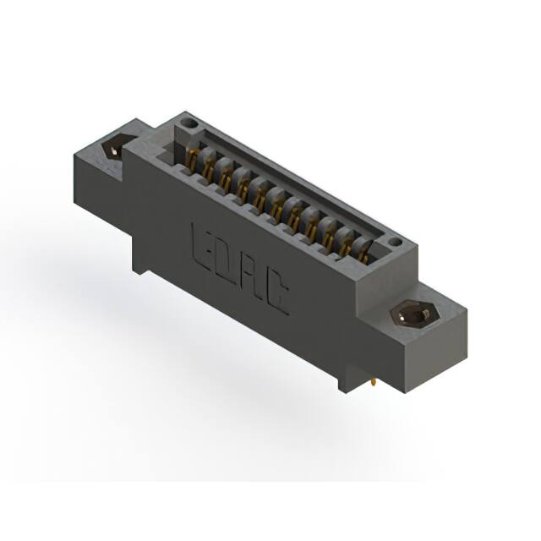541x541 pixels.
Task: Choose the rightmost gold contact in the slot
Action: tap(363, 248)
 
